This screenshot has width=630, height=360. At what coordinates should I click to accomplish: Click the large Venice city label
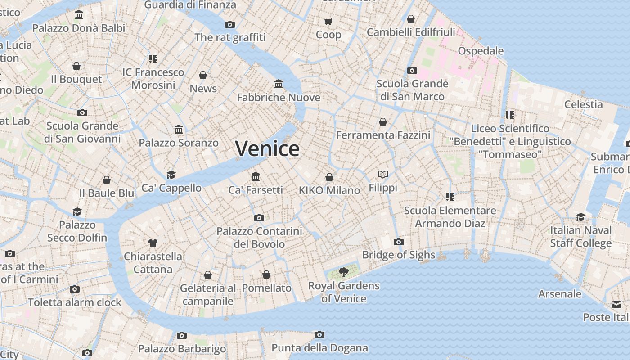coord(267,148)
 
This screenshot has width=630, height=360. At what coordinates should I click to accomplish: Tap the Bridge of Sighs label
coord(399,255)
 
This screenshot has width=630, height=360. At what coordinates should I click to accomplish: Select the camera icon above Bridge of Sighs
coord(398,242)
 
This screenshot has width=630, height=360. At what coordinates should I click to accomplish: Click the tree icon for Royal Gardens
coord(344,272)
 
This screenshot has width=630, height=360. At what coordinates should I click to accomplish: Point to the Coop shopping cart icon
coord(328,21)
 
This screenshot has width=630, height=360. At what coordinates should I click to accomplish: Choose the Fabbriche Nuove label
coord(279,98)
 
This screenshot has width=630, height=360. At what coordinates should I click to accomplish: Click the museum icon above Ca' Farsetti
coord(256,176)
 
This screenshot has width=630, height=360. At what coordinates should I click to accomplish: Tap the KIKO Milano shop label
coord(329,190)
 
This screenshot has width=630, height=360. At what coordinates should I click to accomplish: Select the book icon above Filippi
coord(383,174)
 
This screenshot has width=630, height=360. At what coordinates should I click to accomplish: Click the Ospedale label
coord(481,51)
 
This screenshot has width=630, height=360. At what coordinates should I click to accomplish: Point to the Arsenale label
coord(560,294)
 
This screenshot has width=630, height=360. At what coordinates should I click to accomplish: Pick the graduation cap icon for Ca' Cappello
coord(171,175)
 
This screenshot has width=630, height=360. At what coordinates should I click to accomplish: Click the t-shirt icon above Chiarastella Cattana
coord(153,243)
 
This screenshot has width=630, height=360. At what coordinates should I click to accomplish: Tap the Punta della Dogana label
coord(319,348)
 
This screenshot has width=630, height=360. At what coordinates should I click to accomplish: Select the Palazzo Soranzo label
coord(179,143)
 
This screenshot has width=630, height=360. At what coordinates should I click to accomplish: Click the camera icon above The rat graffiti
coord(230,24)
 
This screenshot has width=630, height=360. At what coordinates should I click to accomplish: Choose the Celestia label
coord(583,104)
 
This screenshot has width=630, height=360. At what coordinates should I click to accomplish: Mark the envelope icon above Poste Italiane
coord(616,305)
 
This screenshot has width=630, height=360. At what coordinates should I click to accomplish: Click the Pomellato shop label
coord(266,288)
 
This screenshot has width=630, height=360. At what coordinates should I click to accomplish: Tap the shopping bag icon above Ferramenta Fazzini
coord(383,122)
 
